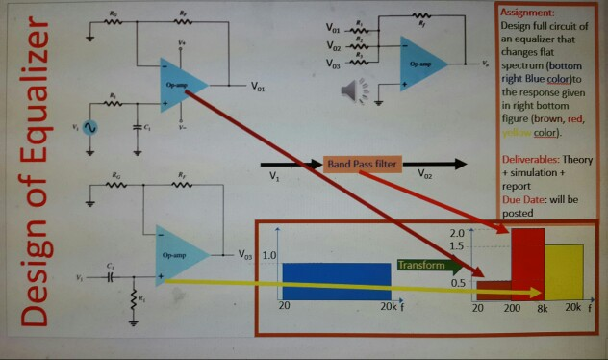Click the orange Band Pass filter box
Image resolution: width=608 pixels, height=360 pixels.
pyautogui.click(x=362, y=165)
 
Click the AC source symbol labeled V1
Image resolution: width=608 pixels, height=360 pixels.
pyautogui.click(x=91, y=127)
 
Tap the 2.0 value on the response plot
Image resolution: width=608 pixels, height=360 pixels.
pyautogui.click(x=458, y=234)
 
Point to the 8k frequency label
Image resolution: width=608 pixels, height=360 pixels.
pyautogui.click(x=542, y=308)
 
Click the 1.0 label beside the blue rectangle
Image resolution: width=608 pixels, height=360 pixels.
pyautogui.click(x=269, y=256)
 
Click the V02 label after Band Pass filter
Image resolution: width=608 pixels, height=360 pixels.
pyautogui.click(x=428, y=177)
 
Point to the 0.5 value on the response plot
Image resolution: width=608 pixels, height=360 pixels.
pyautogui.click(x=459, y=282)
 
